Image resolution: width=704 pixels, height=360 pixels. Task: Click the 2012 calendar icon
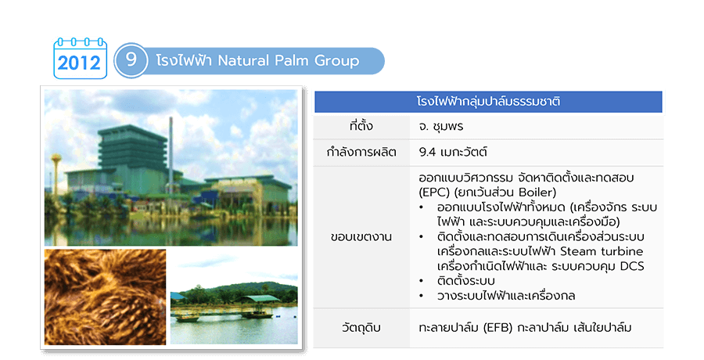pos(81,59)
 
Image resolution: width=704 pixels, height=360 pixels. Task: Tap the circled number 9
pos(131,60)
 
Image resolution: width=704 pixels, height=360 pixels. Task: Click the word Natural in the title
pos(243,61)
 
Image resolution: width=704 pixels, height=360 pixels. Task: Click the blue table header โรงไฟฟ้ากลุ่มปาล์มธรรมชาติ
pos(488,102)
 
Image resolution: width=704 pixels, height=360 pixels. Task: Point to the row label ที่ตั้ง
pos(361,126)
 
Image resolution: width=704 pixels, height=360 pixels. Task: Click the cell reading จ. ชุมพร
pos(441,127)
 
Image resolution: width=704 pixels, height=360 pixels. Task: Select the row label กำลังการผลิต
pos(361,153)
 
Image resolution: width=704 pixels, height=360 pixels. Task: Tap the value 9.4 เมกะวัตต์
pos(453,152)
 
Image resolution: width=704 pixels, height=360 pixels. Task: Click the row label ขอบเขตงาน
pos(361,237)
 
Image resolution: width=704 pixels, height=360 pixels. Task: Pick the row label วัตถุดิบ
pos(361,328)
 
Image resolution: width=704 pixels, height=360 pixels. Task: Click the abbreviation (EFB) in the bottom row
pos(498,328)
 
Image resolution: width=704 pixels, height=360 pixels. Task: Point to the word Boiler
pos(537,193)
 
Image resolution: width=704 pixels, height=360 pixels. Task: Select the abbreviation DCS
pos(632,266)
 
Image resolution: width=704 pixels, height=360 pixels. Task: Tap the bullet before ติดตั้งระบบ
pos(421,282)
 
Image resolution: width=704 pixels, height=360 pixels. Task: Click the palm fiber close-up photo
pos(105,297)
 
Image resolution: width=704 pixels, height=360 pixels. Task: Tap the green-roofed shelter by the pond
pos(260,298)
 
